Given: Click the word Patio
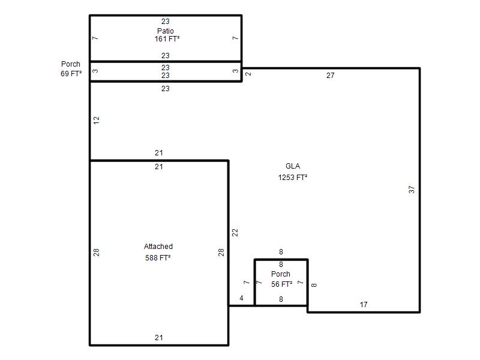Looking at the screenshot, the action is click(x=166, y=31).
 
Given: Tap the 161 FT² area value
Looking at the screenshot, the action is click(x=167, y=39).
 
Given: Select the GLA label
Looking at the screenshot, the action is click(x=293, y=166).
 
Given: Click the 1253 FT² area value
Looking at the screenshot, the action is click(x=293, y=178).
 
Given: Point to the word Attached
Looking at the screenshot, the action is click(x=158, y=247).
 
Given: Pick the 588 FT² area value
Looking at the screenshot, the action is click(x=158, y=258).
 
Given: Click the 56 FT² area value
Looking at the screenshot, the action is click(x=281, y=284).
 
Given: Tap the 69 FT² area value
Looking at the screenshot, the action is click(x=71, y=73).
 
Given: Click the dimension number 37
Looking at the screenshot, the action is click(x=412, y=190).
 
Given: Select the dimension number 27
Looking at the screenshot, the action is click(x=331, y=76).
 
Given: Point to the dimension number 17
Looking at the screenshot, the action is click(x=364, y=305).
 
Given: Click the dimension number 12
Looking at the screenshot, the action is click(x=97, y=121).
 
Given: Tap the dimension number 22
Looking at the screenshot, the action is click(x=235, y=233).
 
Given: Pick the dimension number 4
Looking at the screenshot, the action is click(x=242, y=298).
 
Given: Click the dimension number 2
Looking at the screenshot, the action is click(x=248, y=74).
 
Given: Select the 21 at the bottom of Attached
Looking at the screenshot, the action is click(x=158, y=338).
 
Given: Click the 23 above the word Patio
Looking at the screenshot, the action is click(x=166, y=22).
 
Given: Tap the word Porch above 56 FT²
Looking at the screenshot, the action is click(x=281, y=274).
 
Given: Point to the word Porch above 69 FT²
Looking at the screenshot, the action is click(x=71, y=64).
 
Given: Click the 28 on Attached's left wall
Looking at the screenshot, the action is click(x=97, y=252).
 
